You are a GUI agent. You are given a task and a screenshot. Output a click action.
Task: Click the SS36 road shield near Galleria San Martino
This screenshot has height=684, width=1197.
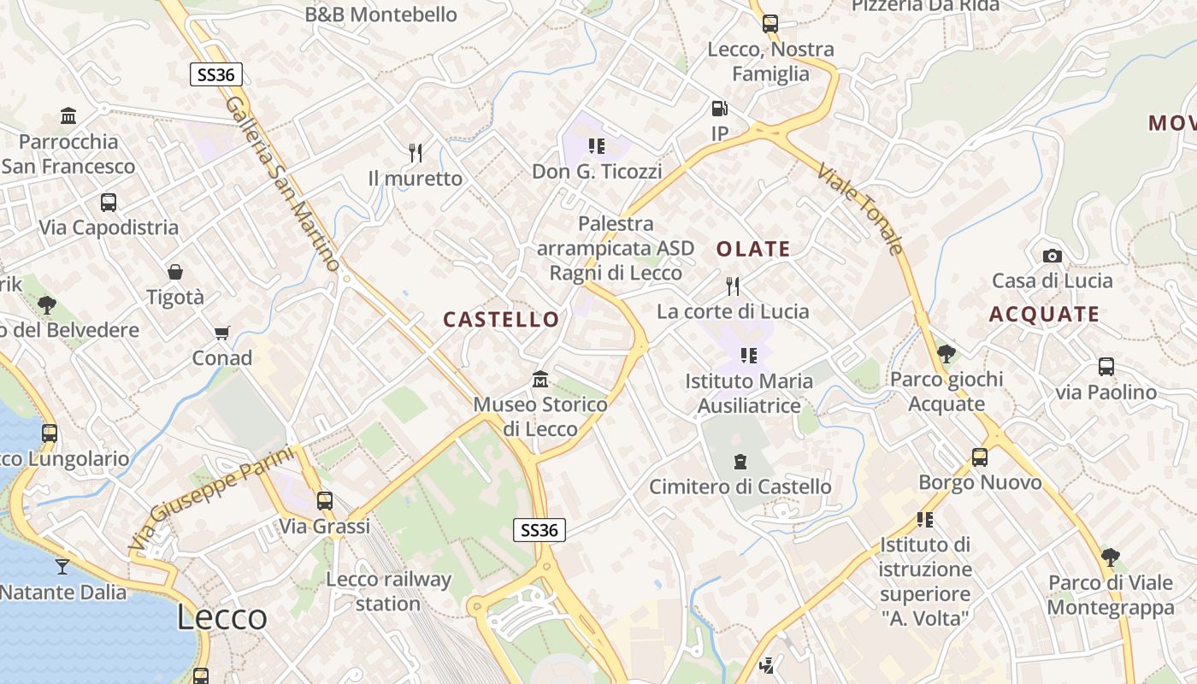point(215,74)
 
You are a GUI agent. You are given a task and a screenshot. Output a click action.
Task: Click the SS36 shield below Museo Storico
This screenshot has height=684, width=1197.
point(540,530)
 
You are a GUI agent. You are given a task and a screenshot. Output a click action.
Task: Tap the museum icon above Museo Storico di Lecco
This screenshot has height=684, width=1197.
point(540,379)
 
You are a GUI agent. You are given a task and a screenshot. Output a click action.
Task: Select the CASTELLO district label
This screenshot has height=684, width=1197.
point(501,320)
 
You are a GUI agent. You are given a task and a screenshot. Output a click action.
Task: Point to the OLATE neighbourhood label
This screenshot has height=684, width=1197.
point(753,250)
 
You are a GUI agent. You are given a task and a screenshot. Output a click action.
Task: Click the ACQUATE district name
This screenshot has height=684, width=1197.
point(1044,315)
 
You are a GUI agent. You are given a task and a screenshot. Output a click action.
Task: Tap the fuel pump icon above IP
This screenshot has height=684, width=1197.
point(720,109)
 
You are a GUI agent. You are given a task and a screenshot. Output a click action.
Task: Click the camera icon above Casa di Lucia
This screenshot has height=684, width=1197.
point(1053,256)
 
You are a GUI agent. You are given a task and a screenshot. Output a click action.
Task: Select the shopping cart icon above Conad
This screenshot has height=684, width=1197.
point(222,333)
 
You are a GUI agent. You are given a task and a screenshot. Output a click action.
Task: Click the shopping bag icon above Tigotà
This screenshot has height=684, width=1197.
point(175,272)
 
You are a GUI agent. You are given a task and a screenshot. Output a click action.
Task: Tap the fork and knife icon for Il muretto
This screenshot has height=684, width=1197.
point(416,153)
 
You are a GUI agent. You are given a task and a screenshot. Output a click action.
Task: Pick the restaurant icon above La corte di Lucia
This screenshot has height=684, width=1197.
point(733,286)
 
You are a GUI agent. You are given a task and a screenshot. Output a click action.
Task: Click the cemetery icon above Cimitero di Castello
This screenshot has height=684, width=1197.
point(740,462)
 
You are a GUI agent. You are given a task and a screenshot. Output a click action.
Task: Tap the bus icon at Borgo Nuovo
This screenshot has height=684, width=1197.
point(980,457)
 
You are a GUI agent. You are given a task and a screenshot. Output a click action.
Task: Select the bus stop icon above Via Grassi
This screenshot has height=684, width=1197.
point(325,501)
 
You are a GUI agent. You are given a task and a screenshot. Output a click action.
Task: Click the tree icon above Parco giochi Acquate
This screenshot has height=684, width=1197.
point(946,353)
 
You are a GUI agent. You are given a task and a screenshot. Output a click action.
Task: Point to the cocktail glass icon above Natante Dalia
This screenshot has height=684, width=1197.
point(62,566)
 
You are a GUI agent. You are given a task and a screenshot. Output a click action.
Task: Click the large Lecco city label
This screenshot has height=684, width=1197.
point(222,617)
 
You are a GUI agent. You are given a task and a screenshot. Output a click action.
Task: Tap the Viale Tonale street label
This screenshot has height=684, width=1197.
point(859,209)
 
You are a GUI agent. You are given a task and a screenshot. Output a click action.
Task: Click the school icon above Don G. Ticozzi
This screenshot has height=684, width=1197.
point(597,146)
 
